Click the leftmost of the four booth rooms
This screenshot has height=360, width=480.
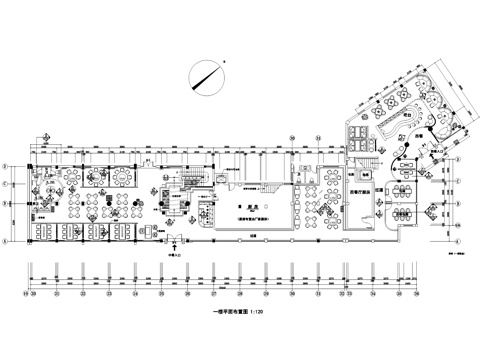click(45, 229)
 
